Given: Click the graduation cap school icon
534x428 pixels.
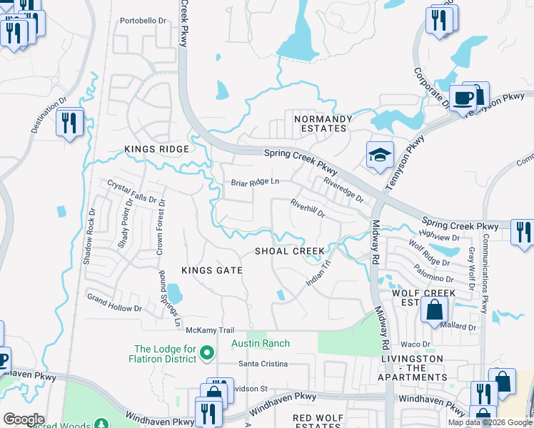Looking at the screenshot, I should coord(380,154).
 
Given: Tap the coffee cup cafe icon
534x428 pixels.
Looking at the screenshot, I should coord(463,98).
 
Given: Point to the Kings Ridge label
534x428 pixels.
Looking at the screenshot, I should coord(156,149).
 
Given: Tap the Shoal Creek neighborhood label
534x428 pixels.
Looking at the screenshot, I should coord(290,251).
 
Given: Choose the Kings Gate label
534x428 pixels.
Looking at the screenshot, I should coord(211,271).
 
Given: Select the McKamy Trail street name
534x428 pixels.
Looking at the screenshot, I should coord(210,330).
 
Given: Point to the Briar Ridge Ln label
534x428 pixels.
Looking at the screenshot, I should coord(254,183).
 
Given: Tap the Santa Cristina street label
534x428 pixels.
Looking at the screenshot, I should coord(263,364).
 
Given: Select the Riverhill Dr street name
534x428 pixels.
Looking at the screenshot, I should coord(308,208).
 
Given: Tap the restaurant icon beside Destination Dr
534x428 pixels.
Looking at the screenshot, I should coord(69,123).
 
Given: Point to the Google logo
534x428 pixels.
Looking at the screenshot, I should coord(24,419).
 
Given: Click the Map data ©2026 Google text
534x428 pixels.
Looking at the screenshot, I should coord(490,422).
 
